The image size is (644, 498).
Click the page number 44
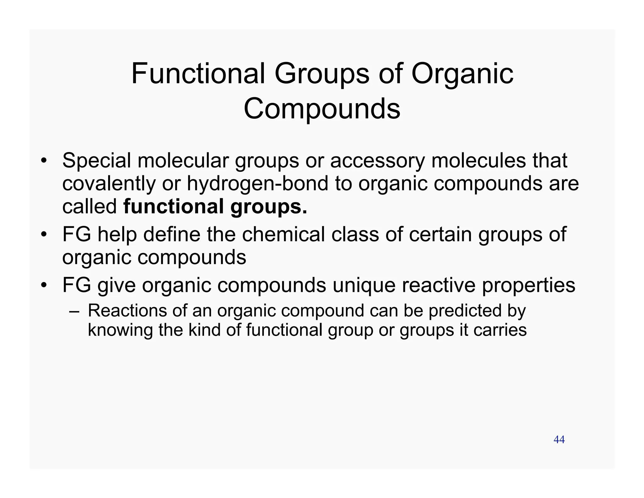click(559, 439)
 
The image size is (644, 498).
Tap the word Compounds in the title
click(322, 109)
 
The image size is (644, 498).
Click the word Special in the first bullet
click(97, 161)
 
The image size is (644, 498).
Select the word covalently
click(109, 184)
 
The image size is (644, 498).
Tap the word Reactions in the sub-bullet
click(127, 311)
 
